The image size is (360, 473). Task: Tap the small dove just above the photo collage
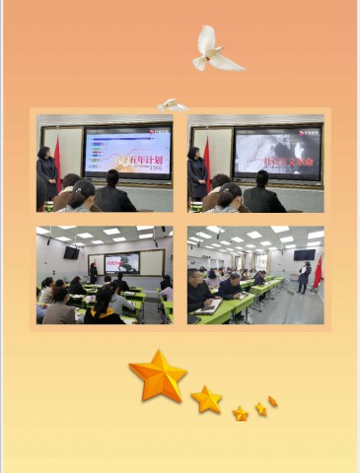tap(172, 104)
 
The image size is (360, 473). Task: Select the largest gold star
tap(158, 374)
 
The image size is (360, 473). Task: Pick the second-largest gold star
tap(206, 399)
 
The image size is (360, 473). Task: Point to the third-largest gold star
tap(241, 413)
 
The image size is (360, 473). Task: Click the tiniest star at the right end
tap(272, 401)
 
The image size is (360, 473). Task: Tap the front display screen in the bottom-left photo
tap(121, 263)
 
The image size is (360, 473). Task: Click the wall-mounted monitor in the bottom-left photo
tap(72, 252)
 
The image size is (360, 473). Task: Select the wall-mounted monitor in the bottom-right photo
tap(303, 254)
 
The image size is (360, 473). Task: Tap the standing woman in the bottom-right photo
tap(305, 276)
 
